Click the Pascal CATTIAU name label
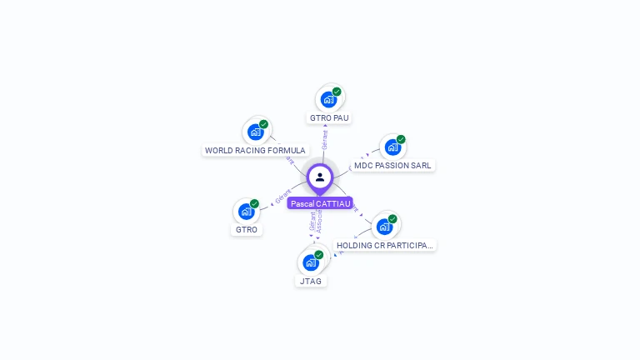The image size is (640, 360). click(320, 203)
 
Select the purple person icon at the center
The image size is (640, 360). click(320, 177)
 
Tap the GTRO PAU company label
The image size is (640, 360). click(329, 118)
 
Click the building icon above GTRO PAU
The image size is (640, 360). click(328, 100)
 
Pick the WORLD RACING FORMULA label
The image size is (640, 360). click(255, 151)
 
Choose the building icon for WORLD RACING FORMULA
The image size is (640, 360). click(255, 132)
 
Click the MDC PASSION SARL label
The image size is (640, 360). click(392, 166)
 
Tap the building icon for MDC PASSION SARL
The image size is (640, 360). click(392, 147)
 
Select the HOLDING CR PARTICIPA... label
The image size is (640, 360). click(385, 246)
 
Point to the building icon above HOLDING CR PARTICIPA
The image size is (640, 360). click(384, 227)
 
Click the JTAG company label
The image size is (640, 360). click(311, 282)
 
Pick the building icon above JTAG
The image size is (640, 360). click(311, 262)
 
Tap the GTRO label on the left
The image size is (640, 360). click(247, 230)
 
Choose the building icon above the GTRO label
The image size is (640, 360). click(246, 211)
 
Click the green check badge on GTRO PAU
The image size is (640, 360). click(337, 92)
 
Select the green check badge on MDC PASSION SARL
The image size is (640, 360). click(401, 139)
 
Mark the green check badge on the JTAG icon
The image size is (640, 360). click(318, 255)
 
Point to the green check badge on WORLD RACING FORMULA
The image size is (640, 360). click(263, 124)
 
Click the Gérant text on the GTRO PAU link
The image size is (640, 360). click(325, 139)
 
